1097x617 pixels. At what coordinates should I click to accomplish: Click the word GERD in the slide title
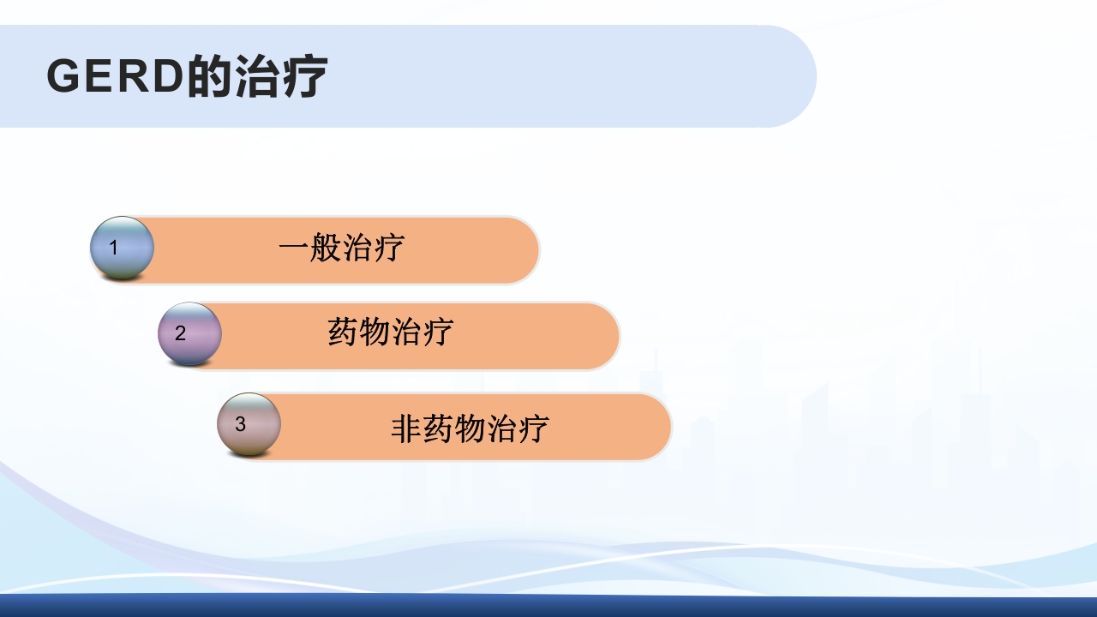pyautogui.click(x=115, y=77)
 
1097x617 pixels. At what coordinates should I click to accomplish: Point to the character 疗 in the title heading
pyautogui.click(x=304, y=77)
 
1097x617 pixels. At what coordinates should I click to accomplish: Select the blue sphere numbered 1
pyautogui.click(x=122, y=248)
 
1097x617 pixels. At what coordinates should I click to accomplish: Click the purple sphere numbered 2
pyautogui.click(x=189, y=333)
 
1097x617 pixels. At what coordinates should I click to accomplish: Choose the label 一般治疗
pyautogui.click(x=340, y=249)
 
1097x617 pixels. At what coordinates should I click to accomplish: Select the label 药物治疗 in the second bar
pyautogui.click(x=390, y=332)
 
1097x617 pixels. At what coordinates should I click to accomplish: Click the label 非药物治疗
pyautogui.click(x=469, y=428)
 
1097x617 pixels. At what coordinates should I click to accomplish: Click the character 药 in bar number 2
pyautogui.click(x=343, y=332)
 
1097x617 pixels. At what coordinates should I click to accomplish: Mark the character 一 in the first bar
pyautogui.click(x=293, y=249)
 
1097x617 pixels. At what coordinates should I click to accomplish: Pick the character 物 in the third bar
pyautogui.click(x=470, y=428)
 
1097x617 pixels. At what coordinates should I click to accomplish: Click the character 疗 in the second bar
pyautogui.click(x=438, y=332)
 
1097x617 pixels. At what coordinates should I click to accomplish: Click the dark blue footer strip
pyautogui.click(x=548, y=606)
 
